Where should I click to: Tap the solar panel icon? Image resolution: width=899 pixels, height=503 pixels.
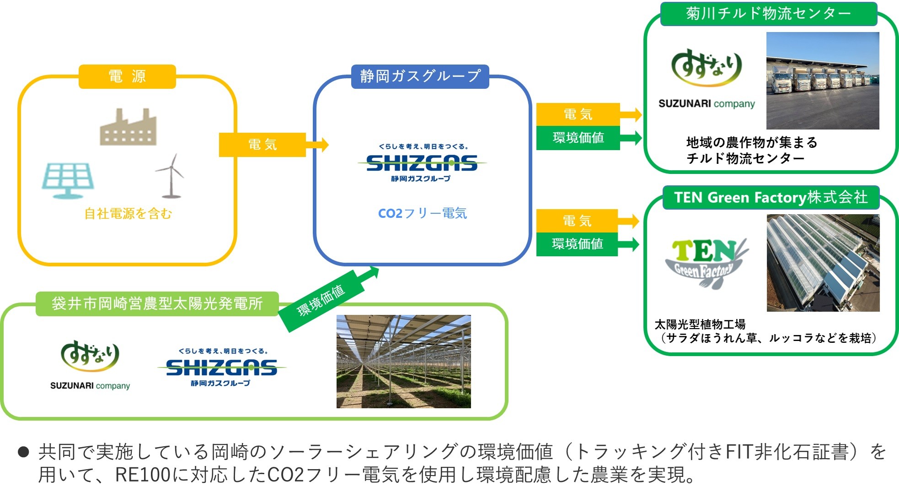[x=68, y=180]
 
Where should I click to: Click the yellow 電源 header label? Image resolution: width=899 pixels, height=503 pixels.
[x=127, y=76]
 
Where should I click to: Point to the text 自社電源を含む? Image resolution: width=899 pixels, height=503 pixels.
[x=128, y=213]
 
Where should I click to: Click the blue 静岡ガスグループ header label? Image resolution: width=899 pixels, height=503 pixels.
[x=420, y=76]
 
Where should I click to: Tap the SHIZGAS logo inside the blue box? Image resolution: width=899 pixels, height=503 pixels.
[x=422, y=163]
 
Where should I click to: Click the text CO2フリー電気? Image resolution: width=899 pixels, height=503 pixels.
[x=422, y=213]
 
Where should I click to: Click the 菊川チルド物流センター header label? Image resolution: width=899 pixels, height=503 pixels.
[x=768, y=14]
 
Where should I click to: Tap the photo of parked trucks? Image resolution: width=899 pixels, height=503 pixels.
[x=822, y=81]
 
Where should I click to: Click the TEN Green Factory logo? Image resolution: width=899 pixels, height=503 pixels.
[x=706, y=263]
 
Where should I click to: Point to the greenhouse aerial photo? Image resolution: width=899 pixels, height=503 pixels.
[x=823, y=263]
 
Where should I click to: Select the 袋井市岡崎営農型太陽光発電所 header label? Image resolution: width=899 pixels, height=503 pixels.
[x=157, y=303]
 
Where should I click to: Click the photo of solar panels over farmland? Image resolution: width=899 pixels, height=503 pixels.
[x=403, y=361]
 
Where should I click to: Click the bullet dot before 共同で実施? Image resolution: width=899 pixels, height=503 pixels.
[x=23, y=452]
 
